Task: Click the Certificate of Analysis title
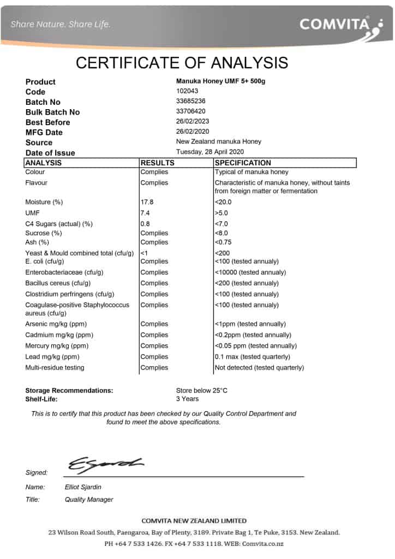coord(182,62)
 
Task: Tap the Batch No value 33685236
coord(191,101)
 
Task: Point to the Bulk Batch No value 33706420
coord(191,111)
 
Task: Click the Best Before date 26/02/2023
coord(193,121)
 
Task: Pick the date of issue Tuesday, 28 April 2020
coord(210,152)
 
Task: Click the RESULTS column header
coord(158,163)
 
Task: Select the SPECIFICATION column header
coord(243,163)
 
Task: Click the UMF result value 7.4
coord(145,213)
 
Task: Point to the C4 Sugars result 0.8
coord(145,224)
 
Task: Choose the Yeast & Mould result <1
coord(144,253)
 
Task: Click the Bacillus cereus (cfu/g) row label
coord(58,283)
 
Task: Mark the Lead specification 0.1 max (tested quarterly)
coord(253,356)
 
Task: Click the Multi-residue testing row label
coord(55,367)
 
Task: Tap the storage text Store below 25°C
coord(202,390)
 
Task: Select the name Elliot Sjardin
coord(83,487)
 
